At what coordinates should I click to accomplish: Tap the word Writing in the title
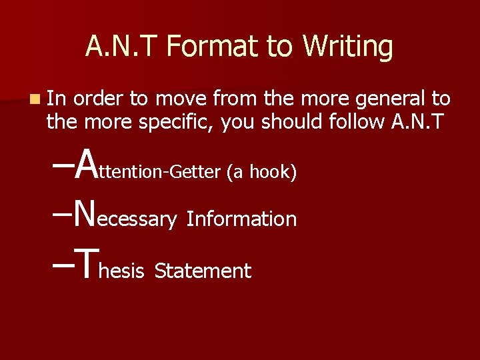pos(347,47)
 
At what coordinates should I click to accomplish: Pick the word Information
pos(241,219)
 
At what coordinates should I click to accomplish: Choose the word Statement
pos(203,271)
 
